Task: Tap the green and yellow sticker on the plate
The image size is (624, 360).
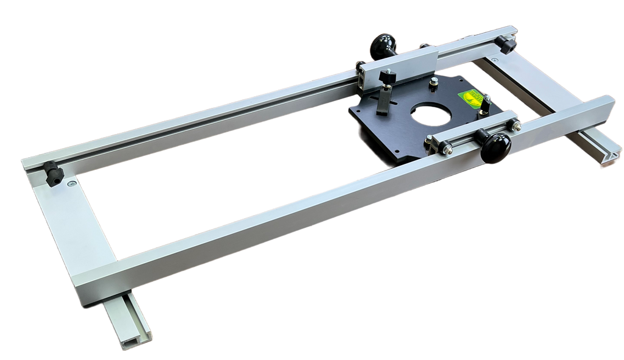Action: click(472, 98)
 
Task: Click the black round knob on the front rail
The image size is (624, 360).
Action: click(495, 148)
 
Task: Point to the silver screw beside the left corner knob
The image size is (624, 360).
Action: click(72, 182)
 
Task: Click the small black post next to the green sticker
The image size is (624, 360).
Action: click(485, 104)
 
